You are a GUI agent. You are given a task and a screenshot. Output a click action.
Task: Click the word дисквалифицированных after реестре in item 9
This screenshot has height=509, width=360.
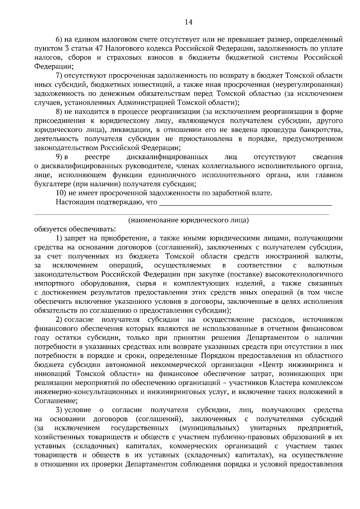point(167,157)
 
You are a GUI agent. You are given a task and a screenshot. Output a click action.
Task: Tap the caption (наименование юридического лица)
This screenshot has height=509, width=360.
point(188,220)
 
